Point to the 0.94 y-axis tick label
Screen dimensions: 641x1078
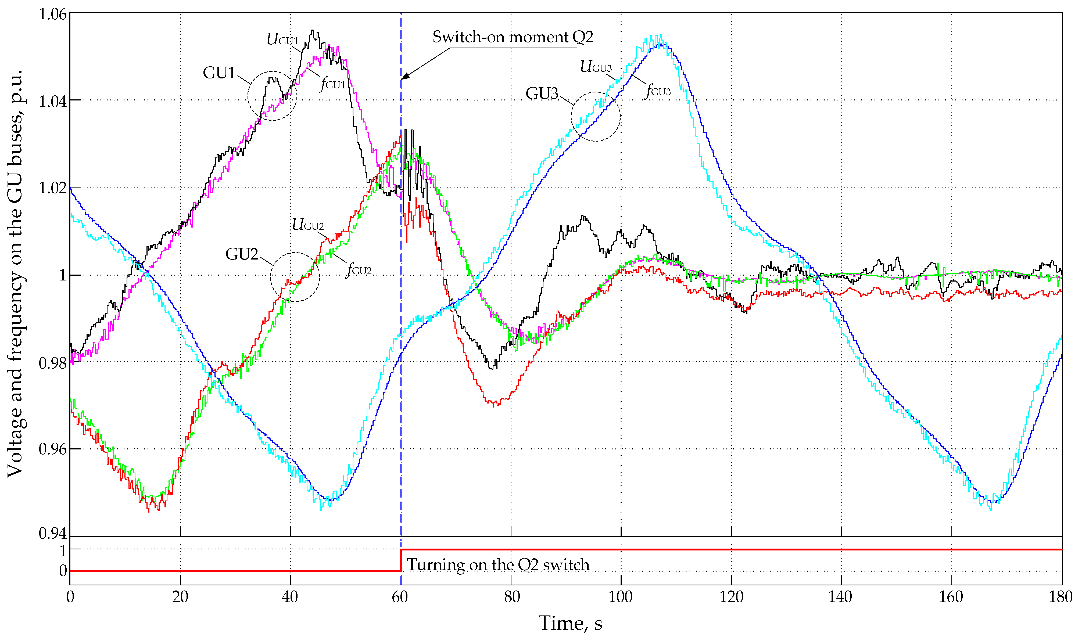[53, 534]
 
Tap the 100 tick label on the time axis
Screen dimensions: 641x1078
[621, 597]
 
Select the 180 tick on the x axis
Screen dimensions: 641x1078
[1061, 597]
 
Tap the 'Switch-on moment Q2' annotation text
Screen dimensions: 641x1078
[513, 37]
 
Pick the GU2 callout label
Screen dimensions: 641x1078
[242, 254]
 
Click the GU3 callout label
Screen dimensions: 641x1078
[542, 93]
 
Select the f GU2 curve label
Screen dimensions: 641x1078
[359, 269]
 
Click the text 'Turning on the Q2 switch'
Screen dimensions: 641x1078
[498, 564]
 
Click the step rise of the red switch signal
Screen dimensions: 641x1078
[401, 560]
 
